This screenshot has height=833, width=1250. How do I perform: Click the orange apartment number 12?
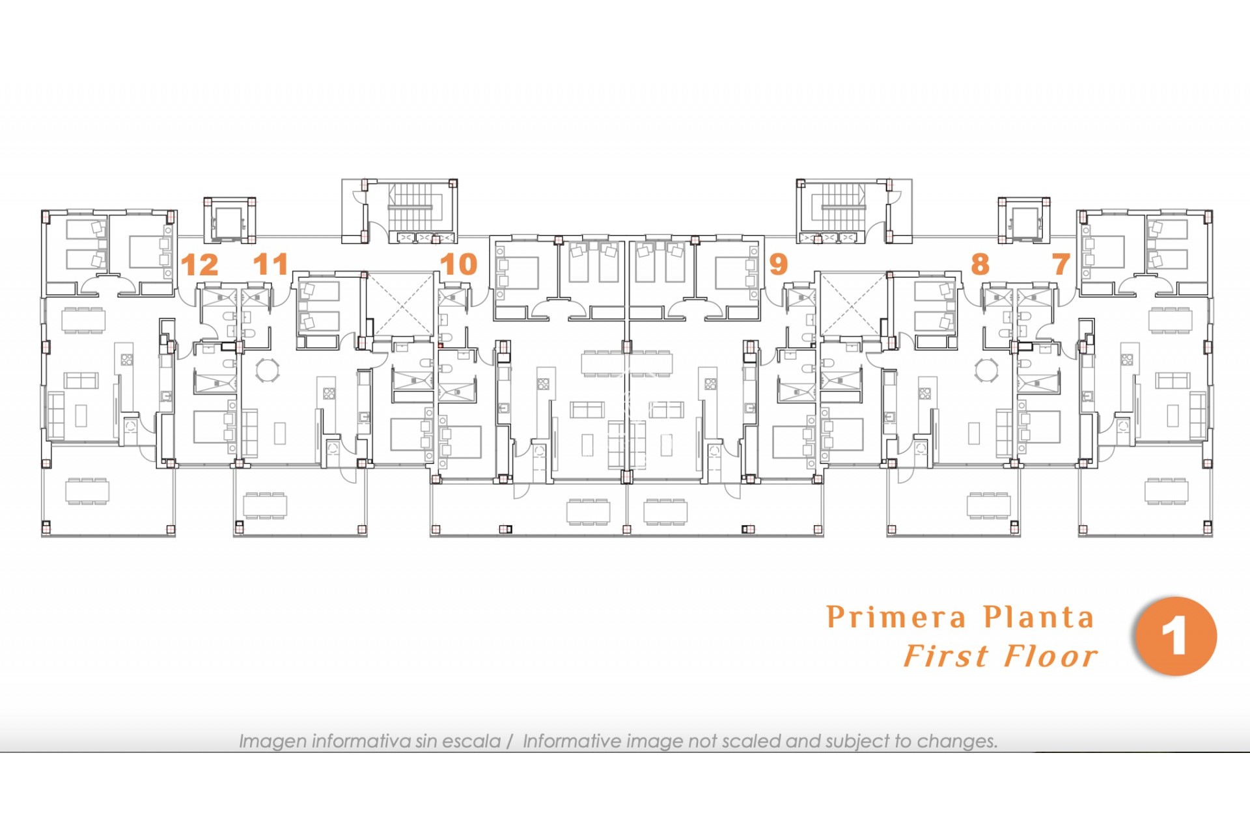199,265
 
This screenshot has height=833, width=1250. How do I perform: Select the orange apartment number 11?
270,264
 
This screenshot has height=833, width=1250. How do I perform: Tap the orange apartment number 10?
458,264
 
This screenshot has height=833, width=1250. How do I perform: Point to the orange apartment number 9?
779,264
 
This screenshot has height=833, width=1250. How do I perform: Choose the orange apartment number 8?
980,264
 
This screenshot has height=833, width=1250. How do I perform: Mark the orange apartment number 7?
1061,264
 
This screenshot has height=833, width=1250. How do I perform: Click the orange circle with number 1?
1176,636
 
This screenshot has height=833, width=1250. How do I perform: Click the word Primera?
896,617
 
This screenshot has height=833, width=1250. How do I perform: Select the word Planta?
1039,617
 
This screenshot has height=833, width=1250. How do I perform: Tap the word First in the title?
947,656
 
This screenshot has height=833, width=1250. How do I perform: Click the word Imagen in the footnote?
272,741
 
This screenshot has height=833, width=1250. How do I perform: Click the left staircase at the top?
410,207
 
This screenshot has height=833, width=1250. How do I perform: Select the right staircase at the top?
843,207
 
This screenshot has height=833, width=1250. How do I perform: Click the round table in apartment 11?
267,370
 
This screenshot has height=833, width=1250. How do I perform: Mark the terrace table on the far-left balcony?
87,491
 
